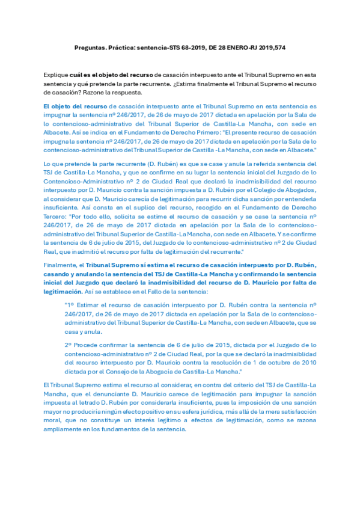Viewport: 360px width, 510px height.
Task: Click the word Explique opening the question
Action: pos(55,74)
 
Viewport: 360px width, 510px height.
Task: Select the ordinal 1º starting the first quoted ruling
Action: pos(69,306)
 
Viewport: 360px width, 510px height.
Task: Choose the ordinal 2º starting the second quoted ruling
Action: pos(69,345)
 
